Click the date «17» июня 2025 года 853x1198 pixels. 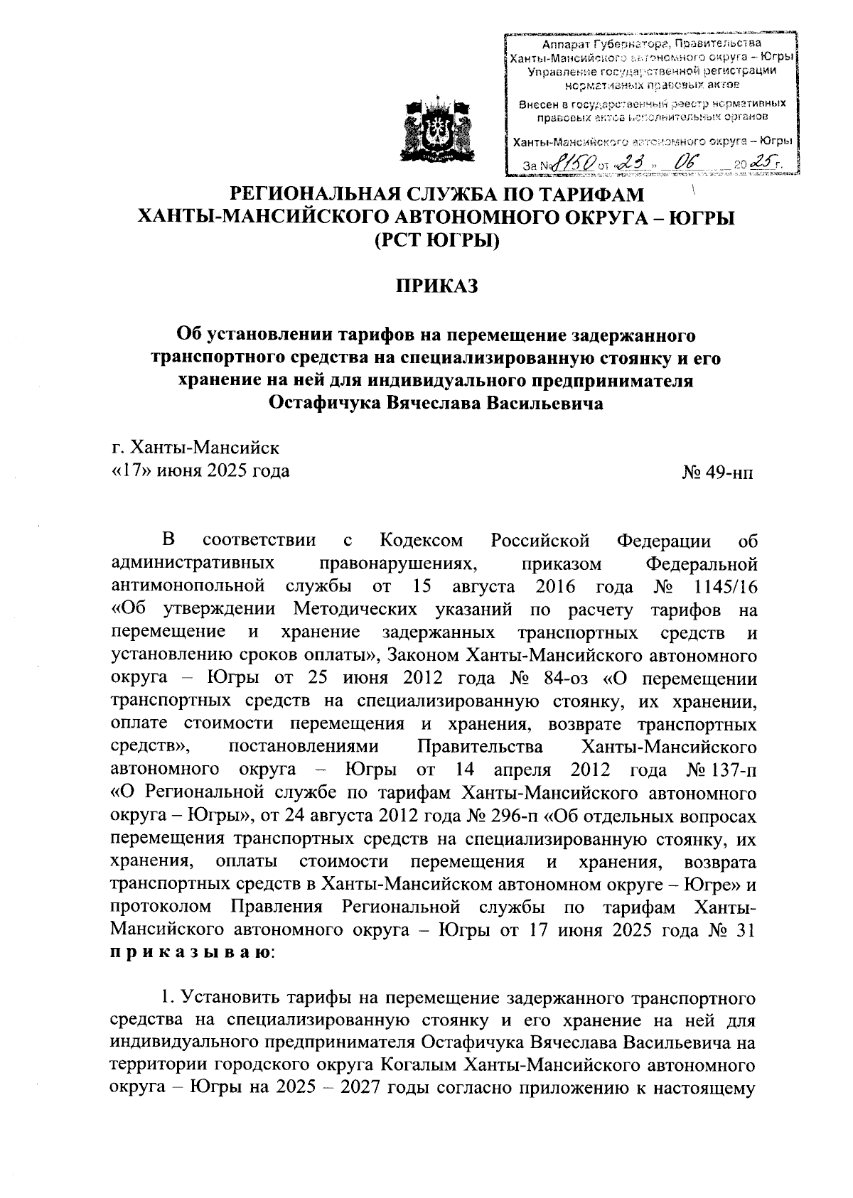200,470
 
